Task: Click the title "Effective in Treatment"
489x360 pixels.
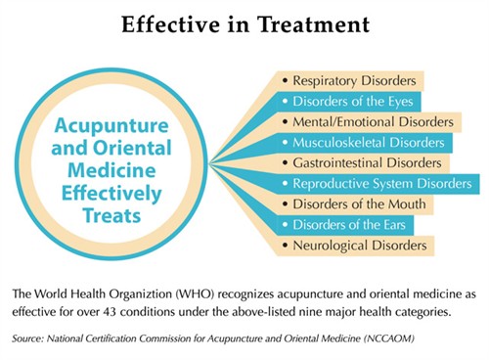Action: point(244,23)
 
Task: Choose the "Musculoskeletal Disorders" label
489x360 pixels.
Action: point(367,143)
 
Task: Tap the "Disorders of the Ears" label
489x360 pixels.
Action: point(351,224)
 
